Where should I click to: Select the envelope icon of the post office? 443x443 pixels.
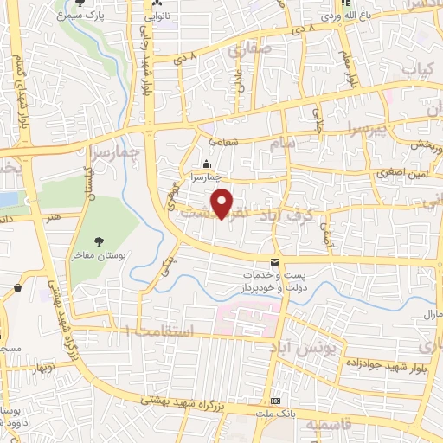(274, 262)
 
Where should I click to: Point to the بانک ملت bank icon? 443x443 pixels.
(276, 402)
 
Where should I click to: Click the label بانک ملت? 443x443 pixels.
(276, 414)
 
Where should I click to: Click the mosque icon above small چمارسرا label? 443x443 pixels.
(206, 164)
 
